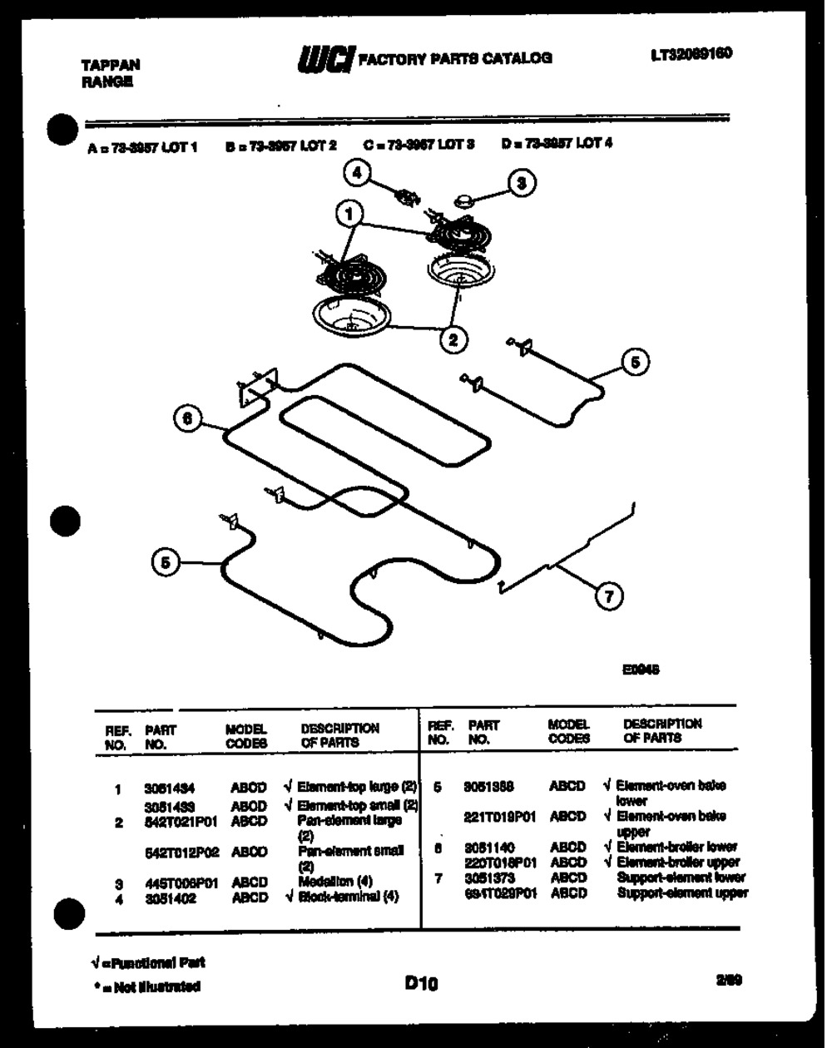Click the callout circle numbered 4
[x=357, y=172]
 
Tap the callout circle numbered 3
[x=522, y=183]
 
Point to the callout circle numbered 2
[x=453, y=338]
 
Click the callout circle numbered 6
[x=188, y=418]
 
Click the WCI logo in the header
[x=325, y=58]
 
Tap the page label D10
[x=421, y=984]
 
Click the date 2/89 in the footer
[x=728, y=980]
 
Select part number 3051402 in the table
[x=171, y=898]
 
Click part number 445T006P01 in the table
[x=181, y=883]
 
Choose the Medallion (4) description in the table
[x=335, y=882]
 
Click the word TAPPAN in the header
[x=111, y=64]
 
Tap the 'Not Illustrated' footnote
[x=146, y=987]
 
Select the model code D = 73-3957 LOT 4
[x=557, y=143]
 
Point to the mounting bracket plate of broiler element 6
[x=256, y=388]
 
